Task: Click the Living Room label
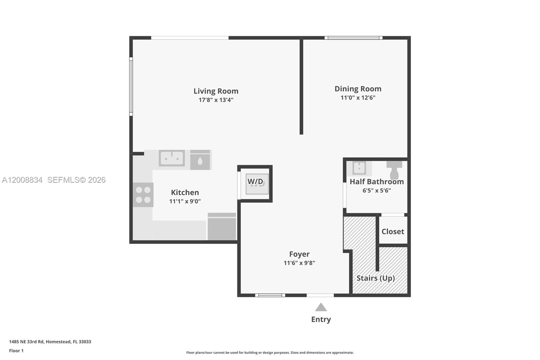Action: pos(216,91)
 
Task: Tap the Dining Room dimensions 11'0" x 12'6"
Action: pos(358,98)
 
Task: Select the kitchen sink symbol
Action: pos(171,158)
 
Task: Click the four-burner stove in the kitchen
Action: pos(143,195)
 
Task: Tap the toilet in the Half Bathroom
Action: pos(394,170)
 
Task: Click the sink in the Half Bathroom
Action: pos(359,168)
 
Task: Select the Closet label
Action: pos(393,231)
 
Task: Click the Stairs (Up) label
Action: pos(375,278)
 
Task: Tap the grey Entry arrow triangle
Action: pos(321,307)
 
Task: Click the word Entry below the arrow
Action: pos(321,319)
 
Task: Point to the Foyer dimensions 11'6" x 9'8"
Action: pos(299,263)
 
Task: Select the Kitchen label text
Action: pos(185,192)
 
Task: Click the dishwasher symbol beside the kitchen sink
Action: pos(200,160)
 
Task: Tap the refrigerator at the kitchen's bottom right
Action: pos(222,227)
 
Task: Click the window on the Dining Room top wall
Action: pos(353,38)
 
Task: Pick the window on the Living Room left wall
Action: pos(131,86)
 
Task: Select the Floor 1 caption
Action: pos(16,351)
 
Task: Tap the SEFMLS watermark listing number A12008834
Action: pos(22,180)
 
